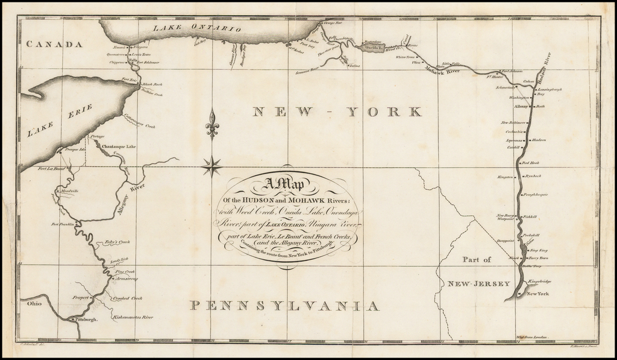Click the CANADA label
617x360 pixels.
54,44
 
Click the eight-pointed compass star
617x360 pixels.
211,165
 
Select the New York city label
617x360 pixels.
537,294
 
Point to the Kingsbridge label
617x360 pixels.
539,282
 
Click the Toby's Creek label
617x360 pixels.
117,242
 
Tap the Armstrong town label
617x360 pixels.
126,279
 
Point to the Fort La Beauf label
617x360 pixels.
51,169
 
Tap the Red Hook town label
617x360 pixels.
530,163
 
